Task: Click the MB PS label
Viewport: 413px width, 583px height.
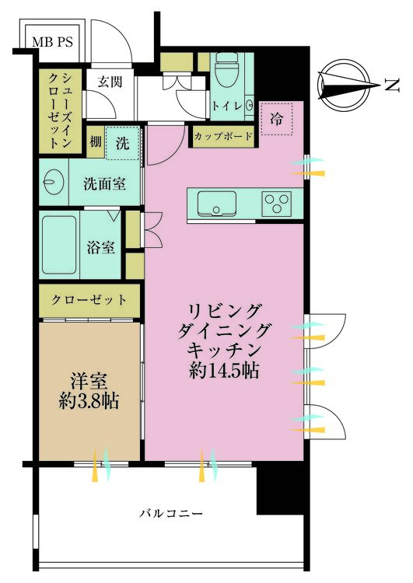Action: pyautogui.click(x=52, y=42)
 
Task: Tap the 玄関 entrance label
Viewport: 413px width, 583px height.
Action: pyautogui.click(x=110, y=82)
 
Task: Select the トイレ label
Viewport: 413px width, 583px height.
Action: pyautogui.click(x=227, y=106)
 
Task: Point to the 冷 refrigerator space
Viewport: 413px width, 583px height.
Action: pyautogui.click(x=276, y=119)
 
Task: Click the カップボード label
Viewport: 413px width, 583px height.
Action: pyautogui.click(x=223, y=136)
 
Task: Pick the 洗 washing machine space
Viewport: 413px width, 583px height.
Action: pyautogui.click(x=122, y=143)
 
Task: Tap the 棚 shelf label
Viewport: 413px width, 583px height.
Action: pyautogui.click(x=96, y=141)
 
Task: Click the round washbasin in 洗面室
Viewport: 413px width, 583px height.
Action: pyautogui.click(x=54, y=182)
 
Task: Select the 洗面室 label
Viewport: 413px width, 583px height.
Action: pyautogui.click(x=104, y=183)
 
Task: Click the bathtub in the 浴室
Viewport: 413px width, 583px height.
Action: pyautogui.click(x=59, y=245)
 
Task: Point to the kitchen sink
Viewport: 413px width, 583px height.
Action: pyautogui.click(x=216, y=204)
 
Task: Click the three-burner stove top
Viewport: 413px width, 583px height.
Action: pyautogui.click(x=276, y=204)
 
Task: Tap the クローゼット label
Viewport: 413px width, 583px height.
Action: pyautogui.click(x=89, y=300)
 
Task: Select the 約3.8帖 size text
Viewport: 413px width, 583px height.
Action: pyautogui.click(x=89, y=401)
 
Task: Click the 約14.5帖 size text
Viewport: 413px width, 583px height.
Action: pyautogui.click(x=224, y=370)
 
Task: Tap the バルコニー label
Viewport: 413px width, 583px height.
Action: pyautogui.click(x=172, y=514)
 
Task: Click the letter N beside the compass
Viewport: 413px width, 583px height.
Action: pyautogui.click(x=392, y=86)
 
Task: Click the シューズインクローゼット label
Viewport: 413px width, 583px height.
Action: pyautogui.click(x=60, y=110)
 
